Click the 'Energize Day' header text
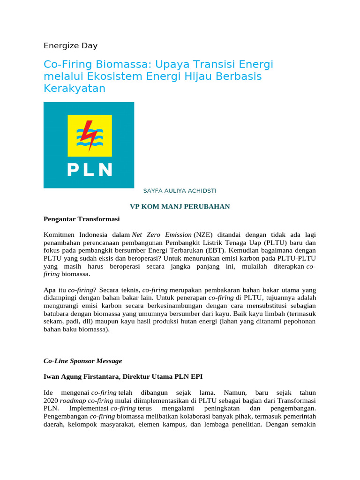(70, 46)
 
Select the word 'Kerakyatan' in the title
(75, 88)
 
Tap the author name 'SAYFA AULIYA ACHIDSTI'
(180, 191)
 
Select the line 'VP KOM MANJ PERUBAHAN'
(180, 206)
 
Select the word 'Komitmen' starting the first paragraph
(60, 234)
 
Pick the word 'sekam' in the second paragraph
(53, 321)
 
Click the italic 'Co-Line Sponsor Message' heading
(82, 361)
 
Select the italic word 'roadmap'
(74, 401)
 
